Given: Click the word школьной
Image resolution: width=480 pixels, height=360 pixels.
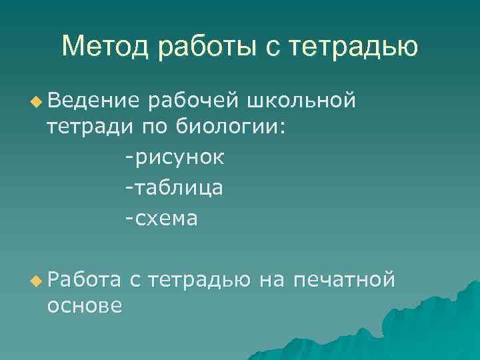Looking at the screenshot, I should coord(301,100).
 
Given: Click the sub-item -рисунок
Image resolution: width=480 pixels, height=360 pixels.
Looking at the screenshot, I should coord(175,159).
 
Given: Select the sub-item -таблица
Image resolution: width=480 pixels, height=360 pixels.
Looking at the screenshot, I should coord(174,189).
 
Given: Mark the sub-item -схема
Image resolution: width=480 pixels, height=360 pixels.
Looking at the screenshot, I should coord(161,219).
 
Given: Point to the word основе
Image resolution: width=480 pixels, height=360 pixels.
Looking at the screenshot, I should coord(84,305).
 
